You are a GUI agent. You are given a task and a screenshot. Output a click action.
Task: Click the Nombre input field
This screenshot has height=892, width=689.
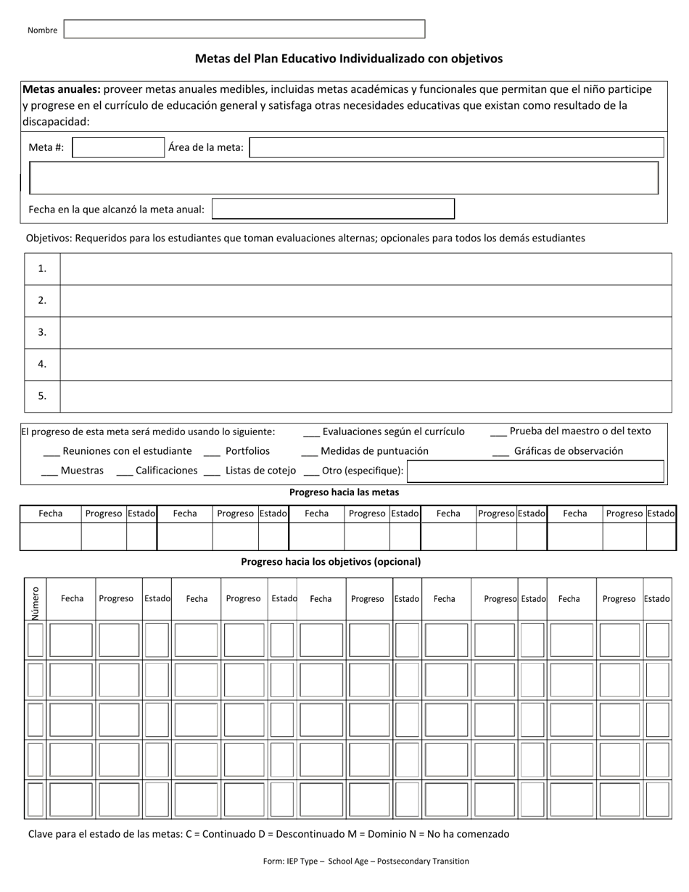point(244,29)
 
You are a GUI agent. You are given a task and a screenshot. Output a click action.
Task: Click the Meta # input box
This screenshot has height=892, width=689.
point(118,148)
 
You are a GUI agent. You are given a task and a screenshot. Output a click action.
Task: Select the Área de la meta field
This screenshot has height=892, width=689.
point(456,148)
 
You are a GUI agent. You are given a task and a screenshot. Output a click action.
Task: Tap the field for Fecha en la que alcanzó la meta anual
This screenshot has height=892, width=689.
point(333,209)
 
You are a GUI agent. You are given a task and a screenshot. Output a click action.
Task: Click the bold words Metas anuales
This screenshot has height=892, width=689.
point(62,89)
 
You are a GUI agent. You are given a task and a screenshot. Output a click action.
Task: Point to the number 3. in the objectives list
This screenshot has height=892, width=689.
point(42,332)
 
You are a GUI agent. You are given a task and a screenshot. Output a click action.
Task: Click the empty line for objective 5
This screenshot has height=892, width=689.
point(366,396)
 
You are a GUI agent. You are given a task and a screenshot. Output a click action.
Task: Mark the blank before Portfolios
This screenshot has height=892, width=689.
point(212,452)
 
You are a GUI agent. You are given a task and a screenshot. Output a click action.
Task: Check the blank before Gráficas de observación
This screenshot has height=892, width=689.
point(500,452)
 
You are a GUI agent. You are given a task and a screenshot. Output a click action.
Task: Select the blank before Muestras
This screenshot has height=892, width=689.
point(49,471)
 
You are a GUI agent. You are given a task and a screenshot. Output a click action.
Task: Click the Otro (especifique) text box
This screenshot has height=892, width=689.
point(535,471)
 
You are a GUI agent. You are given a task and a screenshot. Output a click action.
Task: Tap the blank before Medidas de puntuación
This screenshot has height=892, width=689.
point(309,452)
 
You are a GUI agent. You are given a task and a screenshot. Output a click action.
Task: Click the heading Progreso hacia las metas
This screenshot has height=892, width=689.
point(344,492)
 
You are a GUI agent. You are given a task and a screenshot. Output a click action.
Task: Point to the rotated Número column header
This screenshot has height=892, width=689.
point(35,599)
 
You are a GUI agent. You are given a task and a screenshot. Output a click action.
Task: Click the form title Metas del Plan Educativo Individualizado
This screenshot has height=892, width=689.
point(348,59)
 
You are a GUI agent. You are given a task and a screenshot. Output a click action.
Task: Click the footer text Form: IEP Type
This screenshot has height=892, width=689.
point(366,862)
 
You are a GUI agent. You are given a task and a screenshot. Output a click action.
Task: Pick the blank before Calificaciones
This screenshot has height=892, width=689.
point(124,471)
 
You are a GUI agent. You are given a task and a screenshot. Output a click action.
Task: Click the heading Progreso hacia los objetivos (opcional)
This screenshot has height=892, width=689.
point(331,561)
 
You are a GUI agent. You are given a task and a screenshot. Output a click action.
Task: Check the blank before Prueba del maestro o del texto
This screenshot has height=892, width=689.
point(498,432)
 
